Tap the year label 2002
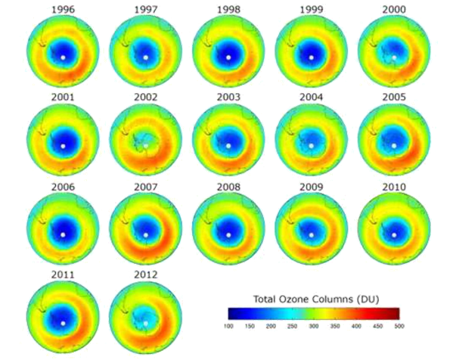pyautogui.click(x=146, y=97)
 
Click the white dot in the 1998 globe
pyautogui.click(x=228, y=56)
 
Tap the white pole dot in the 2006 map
pyautogui.click(x=64, y=234)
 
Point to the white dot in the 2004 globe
pyautogui.click(x=311, y=144)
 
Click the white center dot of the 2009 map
pyautogui.click(x=311, y=234)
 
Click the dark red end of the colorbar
pyautogui.click(x=395, y=312)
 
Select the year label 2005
pyautogui.click(x=393, y=97)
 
